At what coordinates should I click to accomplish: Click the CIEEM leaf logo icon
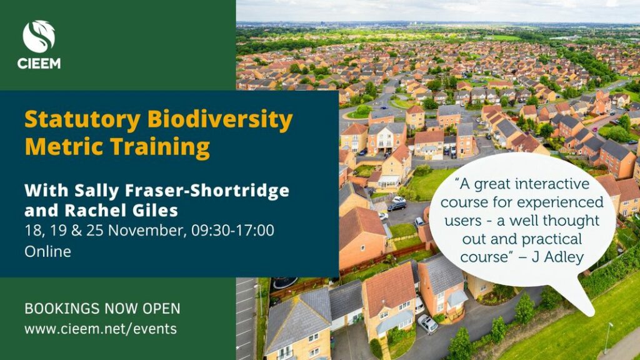tap(39, 37)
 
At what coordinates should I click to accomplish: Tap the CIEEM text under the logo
tap(39, 63)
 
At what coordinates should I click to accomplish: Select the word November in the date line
tap(145, 231)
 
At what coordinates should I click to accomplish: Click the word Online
tap(47, 251)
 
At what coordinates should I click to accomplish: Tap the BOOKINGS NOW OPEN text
tap(102, 309)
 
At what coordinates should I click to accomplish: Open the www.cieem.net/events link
tap(101, 329)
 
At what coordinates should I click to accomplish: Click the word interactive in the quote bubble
tap(552, 184)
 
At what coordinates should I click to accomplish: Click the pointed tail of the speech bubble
tap(591, 314)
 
